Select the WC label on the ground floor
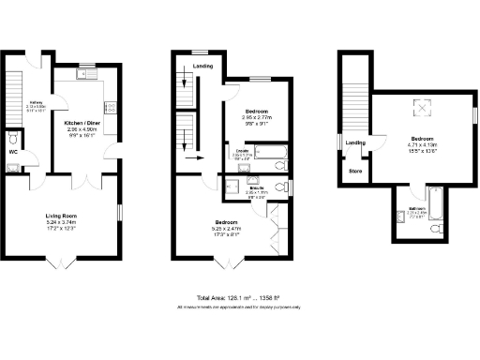tap(13, 150)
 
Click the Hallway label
tap(37, 102)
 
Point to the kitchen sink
tap(83, 72)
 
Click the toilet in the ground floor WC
tap(12, 168)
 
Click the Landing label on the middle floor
tap(202, 67)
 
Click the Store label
tap(355, 172)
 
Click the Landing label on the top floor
tap(355, 142)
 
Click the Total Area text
tap(239, 297)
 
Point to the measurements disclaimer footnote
tap(239, 307)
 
